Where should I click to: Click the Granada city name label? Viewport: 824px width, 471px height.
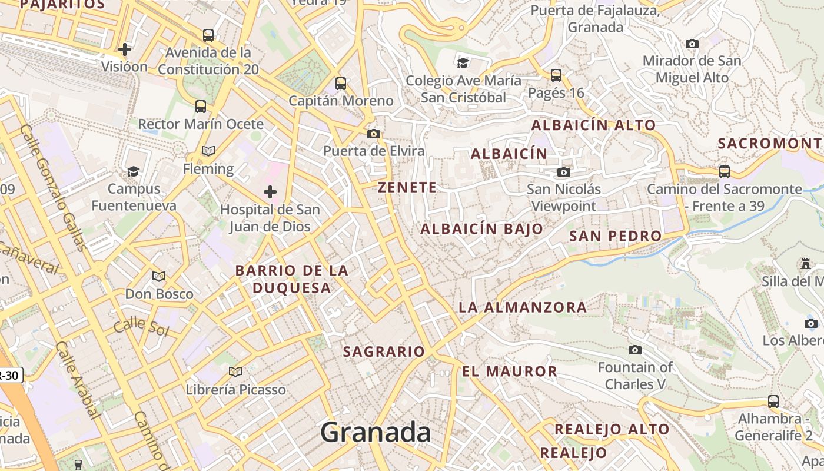pyautogui.click(x=376, y=433)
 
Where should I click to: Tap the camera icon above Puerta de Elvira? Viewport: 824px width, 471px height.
pyautogui.click(x=374, y=134)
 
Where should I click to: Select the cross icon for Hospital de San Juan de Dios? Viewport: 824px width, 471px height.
pyautogui.click(x=270, y=192)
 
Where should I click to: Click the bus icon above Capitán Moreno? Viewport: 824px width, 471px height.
pyautogui.click(x=341, y=84)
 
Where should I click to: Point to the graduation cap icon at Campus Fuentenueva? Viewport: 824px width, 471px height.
pyautogui.click(x=134, y=171)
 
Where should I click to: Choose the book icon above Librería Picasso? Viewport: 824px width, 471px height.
pyautogui.click(x=235, y=372)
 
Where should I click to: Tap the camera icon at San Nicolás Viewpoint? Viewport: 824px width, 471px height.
pyautogui.click(x=564, y=172)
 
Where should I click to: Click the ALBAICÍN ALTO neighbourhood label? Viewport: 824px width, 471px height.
pyautogui.click(x=593, y=125)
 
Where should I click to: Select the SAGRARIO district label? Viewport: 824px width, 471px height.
pyautogui.click(x=384, y=351)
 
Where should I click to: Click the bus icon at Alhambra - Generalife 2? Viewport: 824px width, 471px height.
pyautogui.click(x=773, y=402)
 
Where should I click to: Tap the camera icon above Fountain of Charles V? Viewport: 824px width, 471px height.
pyautogui.click(x=634, y=350)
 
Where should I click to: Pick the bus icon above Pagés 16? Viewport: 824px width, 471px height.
pyautogui.click(x=556, y=75)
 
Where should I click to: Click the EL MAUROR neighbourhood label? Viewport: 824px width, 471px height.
pyautogui.click(x=510, y=372)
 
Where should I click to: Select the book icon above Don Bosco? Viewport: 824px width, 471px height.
pyautogui.click(x=159, y=276)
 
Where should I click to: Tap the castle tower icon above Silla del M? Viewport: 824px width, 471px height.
pyautogui.click(x=806, y=263)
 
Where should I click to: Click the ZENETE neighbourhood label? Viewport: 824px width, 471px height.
pyautogui.click(x=407, y=187)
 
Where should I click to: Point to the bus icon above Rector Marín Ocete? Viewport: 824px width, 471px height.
pyautogui.click(x=201, y=107)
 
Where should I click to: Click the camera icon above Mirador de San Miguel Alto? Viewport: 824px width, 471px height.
pyautogui.click(x=692, y=44)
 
